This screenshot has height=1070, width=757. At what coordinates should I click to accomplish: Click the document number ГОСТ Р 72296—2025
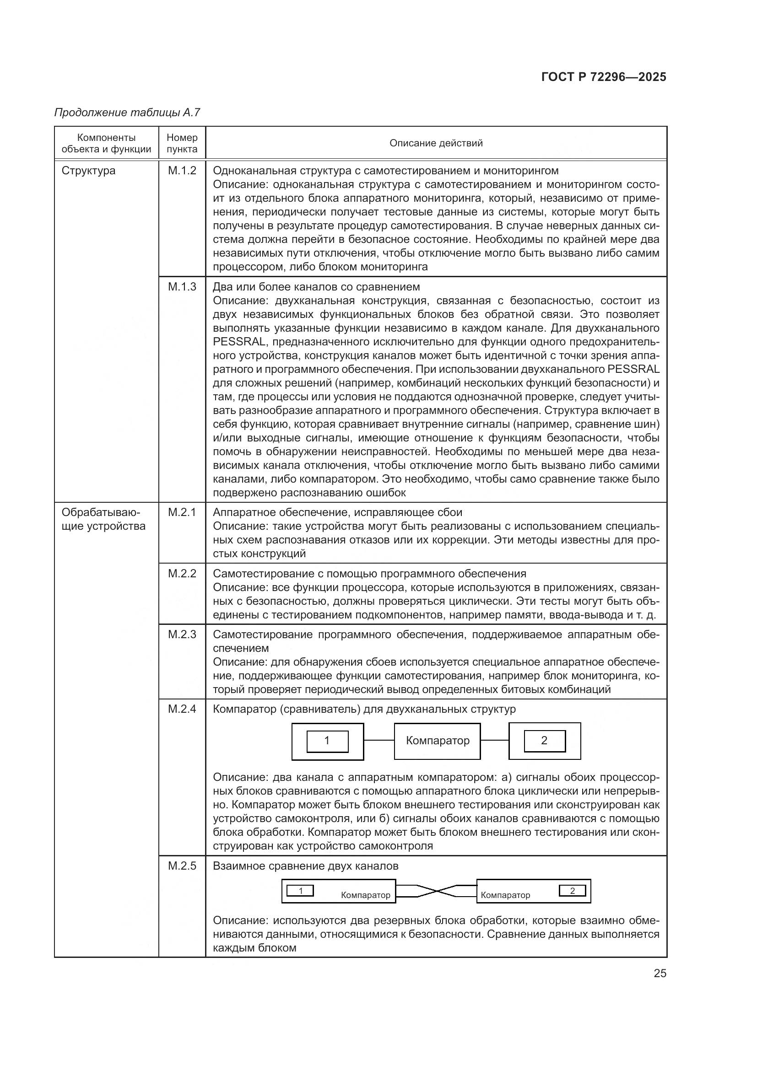click(x=604, y=77)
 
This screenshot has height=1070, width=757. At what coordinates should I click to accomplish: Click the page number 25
click(x=660, y=973)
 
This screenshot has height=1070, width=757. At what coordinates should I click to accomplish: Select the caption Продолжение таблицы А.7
click(x=127, y=113)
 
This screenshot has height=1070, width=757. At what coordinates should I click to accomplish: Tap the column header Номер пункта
click(x=182, y=143)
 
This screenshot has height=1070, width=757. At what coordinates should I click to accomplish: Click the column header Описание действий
click(x=436, y=143)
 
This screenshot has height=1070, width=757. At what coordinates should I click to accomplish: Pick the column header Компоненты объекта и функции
click(x=106, y=143)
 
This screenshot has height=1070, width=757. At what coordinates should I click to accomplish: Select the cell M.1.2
click(x=182, y=171)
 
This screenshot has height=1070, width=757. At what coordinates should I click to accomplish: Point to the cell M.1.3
click(x=182, y=287)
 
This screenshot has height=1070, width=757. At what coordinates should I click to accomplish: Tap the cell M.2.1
click(x=182, y=512)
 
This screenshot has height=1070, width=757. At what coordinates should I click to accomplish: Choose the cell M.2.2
click(x=182, y=573)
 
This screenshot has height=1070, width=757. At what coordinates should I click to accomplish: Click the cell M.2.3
click(x=182, y=634)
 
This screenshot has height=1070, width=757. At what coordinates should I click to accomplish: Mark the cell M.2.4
click(x=182, y=709)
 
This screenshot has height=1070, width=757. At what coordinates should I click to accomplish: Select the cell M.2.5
click(x=182, y=866)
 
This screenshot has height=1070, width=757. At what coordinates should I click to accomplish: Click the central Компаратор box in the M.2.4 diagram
click(x=437, y=741)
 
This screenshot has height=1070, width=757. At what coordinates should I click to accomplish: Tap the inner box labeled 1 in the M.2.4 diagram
click(x=327, y=741)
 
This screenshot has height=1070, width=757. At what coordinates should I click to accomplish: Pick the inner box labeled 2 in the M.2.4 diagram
click(x=545, y=741)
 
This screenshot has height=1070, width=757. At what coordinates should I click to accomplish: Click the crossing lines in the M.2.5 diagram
click(x=436, y=891)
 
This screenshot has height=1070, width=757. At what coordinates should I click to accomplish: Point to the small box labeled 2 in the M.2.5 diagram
click(x=573, y=891)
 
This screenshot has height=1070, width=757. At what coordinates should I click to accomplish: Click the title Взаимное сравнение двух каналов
click(x=305, y=866)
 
